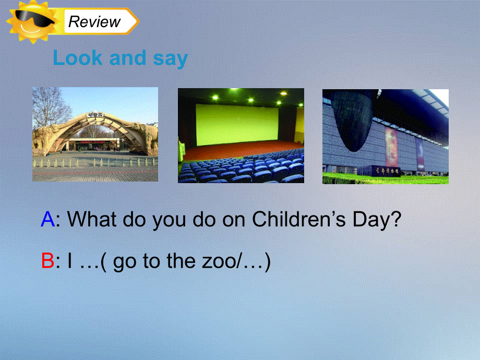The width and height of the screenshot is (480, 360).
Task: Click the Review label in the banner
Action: click(x=94, y=22)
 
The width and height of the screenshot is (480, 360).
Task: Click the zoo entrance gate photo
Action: click(x=95, y=134)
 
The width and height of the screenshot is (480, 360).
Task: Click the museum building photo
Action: click(x=385, y=136)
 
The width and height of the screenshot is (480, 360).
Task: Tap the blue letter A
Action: click(x=47, y=220)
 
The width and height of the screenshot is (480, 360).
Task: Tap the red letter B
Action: click(x=47, y=261)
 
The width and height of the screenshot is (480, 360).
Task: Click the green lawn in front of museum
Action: click(x=385, y=179)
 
